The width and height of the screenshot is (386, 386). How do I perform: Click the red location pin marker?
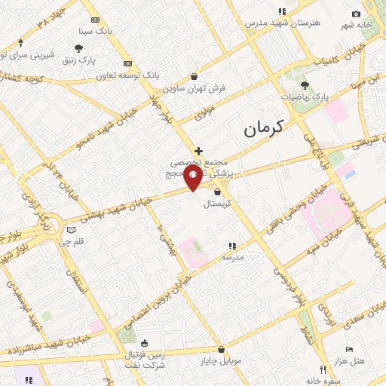point(194,179)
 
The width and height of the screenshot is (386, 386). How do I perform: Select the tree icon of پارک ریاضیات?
point(305,85)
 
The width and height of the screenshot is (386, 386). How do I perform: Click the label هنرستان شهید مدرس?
point(283,23)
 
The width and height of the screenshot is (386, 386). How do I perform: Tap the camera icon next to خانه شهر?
point(357,14)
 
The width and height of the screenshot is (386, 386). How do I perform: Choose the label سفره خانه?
point(323,380)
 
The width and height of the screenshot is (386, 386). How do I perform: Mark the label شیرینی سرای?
point(26,55)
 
